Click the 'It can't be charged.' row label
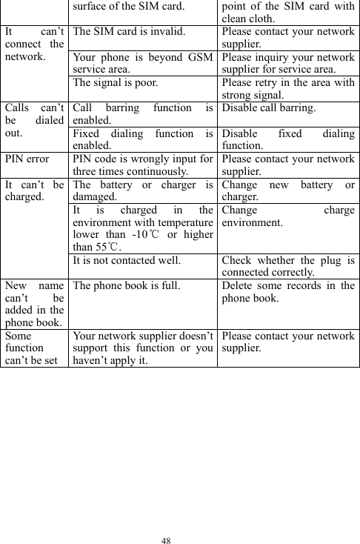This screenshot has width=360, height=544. point(33,191)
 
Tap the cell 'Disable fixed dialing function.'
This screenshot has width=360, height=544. point(286,140)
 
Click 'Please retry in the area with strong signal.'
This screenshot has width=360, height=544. point(286,88)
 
